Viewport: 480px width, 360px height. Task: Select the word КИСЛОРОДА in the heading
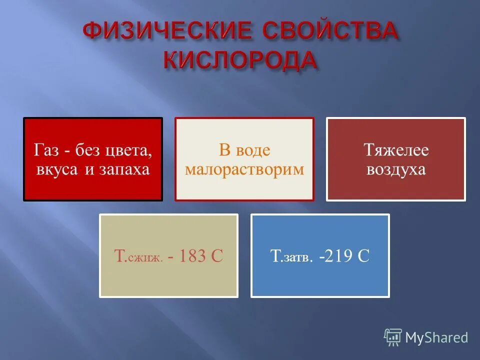tap(240, 60)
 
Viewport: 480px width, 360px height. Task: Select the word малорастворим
tap(244, 169)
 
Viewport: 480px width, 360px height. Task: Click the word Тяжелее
tap(395, 149)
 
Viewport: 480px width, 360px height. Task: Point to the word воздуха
tap(395, 169)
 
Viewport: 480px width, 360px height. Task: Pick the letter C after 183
tap(216, 256)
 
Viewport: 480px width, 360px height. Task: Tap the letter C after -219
tap(363, 256)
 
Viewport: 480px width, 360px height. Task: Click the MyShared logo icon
tap(393, 337)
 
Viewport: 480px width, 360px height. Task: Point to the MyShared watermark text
tap(436, 337)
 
